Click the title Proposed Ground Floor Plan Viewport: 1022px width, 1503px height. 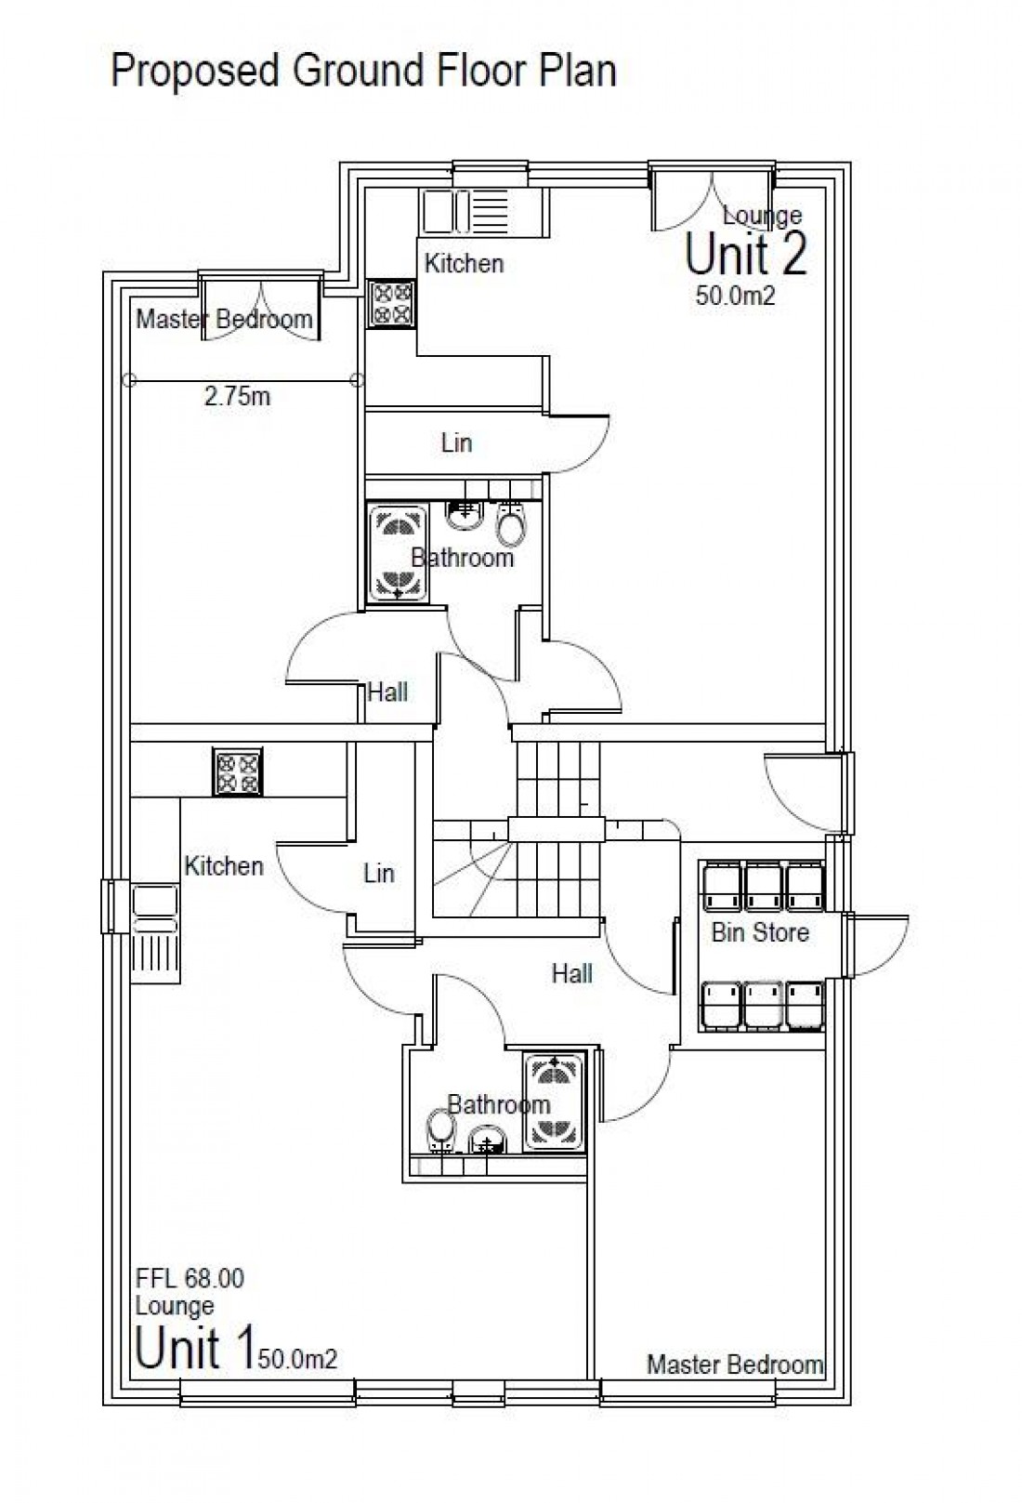pyautogui.click(x=363, y=71)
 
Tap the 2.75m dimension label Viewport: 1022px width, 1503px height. pyautogui.click(x=237, y=397)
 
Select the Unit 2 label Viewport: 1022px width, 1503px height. pyautogui.click(x=746, y=254)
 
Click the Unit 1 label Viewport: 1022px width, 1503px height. pyautogui.click(x=193, y=1348)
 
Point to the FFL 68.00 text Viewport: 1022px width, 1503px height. pyautogui.click(x=190, y=1278)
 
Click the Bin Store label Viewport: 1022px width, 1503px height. pyautogui.click(x=760, y=932)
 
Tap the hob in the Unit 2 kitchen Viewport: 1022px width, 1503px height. pyautogui.click(x=391, y=303)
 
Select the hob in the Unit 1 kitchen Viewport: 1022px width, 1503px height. pyautogui.click(x=239, y=772)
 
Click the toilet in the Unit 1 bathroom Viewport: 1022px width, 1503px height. pyautogui.click(x=441, y=1127)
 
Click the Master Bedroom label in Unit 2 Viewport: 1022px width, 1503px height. pyautogui.click(x=224, y=320)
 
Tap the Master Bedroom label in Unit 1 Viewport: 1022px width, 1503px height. pyautogui.click(x=735, y=1365)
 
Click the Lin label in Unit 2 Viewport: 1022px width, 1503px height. pyautogui.click(x=456, y=442)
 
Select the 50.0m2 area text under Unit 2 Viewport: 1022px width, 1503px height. pyautogui.click(x=735, y=297)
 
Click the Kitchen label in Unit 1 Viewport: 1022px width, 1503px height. pyautogui.click(x=224, y=866)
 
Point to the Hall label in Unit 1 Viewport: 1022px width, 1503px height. pyautogui.click(x=571, y=974)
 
